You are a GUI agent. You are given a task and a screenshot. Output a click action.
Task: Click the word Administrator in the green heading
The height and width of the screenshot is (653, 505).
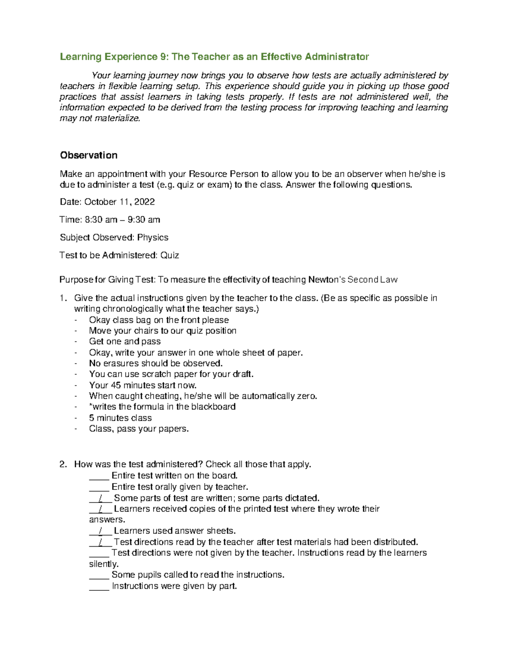337,57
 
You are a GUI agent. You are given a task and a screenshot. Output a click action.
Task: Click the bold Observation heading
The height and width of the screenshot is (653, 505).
88,155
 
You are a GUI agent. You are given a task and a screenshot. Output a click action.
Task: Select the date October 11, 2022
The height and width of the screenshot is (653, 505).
120,202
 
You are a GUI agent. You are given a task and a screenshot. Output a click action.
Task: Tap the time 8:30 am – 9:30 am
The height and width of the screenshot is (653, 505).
122,219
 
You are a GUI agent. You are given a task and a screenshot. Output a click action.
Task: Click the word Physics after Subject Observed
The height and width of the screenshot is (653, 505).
153,237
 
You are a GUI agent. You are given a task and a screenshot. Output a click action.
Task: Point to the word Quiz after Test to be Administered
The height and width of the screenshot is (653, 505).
170,255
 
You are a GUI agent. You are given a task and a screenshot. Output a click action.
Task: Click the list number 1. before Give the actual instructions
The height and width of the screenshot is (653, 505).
63,298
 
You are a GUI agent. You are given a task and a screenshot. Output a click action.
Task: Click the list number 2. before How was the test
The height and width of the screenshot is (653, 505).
63,464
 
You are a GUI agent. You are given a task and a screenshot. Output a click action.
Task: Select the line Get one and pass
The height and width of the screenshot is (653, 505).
125,341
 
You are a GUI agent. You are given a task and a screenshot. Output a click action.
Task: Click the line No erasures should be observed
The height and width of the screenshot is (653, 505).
156,363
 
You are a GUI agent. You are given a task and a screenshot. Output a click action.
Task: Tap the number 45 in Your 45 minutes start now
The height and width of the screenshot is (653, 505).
116,385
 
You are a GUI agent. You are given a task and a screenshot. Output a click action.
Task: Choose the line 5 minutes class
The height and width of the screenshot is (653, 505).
120,418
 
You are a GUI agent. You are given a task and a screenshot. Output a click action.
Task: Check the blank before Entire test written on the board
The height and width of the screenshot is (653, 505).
99,476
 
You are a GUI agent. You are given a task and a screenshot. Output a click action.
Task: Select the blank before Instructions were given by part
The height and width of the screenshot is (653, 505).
99,586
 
